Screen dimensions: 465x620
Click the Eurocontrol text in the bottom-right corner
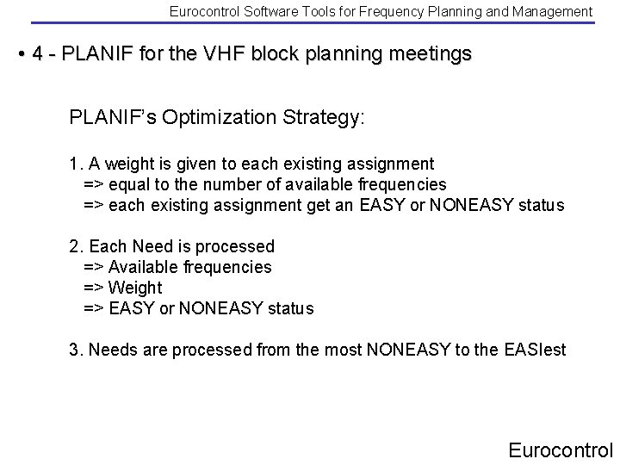pos(560,449)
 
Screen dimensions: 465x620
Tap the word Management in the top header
pos(552,11)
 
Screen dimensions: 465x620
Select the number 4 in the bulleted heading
pos(37,53)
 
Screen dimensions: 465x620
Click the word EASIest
pos(530,350)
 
